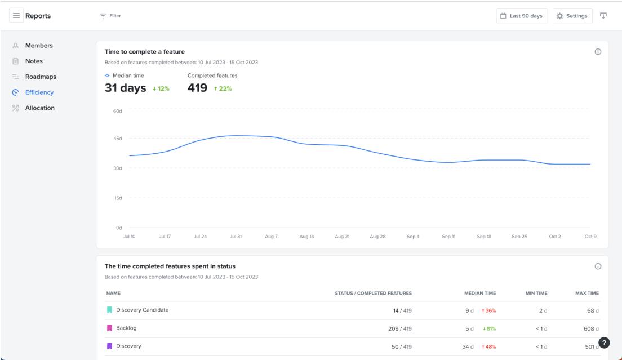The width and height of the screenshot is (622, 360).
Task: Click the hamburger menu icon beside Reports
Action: pyautogui.click(x=16, y=16)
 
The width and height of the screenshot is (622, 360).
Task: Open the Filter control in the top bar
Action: pyautogui.click(x=110, y=16)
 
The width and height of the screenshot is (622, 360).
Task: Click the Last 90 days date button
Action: pyautogui.click(x=522, y=16)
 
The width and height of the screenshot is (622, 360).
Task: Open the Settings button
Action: pyautogui.click(x=572, y=16)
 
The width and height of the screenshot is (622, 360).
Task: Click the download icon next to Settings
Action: pyautogui.click(x=603, y=16)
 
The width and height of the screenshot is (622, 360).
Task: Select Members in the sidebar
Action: pyautogui.click(x=39, y=46)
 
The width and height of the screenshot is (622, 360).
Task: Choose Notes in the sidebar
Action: pyautogui.click(x=34, y=61)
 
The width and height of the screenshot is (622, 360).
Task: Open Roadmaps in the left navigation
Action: pyautogui.click(x=41, y=77)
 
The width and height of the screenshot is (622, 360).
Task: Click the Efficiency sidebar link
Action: pyautogui.click(x=39, y=92)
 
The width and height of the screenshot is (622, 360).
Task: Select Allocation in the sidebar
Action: pyautogui.click(x=40, y=108)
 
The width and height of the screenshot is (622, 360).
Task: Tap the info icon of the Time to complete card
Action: pyautogui.click(x=598, y=52)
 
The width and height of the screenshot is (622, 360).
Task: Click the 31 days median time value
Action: pyautogui.click(x=125, y=88)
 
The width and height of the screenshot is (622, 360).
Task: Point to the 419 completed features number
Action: pyautogui.click(x=197, y=88)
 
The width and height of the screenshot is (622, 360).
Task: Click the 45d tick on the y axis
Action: pyautogui.click(x=118, y=139)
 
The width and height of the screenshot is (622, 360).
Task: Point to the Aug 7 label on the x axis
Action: pyautogui.click(x=271, y=237)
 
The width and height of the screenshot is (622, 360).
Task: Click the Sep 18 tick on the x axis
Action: pyautogui.click(x=484, y=237)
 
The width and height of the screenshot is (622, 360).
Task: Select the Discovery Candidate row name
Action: pyautogui.click(x=142, y=310)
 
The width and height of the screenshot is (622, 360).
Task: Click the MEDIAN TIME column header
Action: pyautogui.click(x=479, y=293)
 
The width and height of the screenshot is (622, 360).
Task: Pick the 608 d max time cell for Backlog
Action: pyautogui.click(x=591, y=328)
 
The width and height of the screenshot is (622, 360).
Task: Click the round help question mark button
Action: pyautogui.click(x=603, y=343)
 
